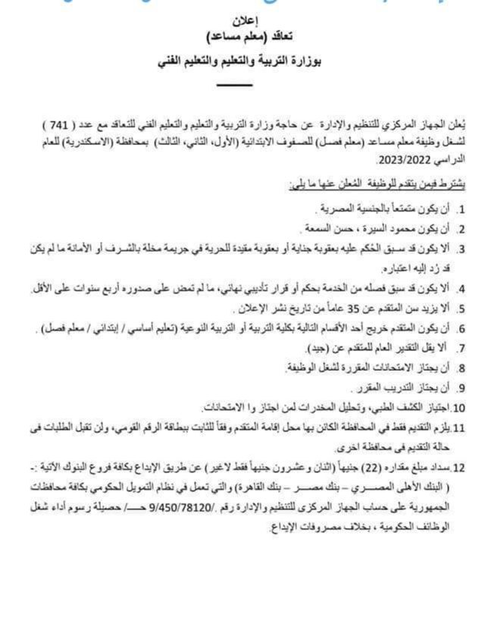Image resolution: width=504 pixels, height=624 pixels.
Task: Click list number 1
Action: click(461, 207)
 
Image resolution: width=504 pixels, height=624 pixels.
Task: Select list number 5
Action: click(461, 309)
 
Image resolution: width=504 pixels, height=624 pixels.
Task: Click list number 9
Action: click(461, 387)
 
